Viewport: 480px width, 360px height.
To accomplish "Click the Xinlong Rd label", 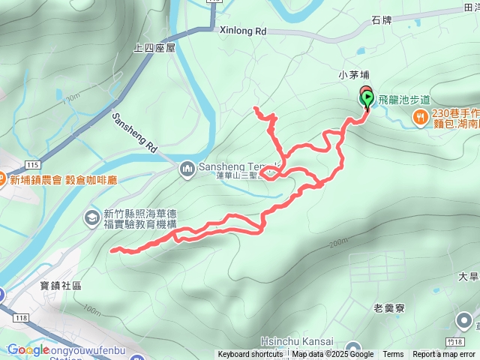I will (244, 32).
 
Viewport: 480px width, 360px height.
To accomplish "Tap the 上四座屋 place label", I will (154, 47).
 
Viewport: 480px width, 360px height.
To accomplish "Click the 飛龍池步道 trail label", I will (404, 99).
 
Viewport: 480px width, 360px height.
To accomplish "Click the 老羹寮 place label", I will (389, 307).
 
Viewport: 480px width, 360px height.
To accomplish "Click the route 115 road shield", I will (32, 163).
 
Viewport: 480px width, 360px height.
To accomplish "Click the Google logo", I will (27, 349).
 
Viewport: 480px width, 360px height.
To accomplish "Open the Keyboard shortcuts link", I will (250, 355).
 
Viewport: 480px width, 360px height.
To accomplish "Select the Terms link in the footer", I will (393, 355).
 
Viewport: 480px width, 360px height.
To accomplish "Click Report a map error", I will (444, 355).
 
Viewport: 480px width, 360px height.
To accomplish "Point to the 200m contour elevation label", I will (338, 241).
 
